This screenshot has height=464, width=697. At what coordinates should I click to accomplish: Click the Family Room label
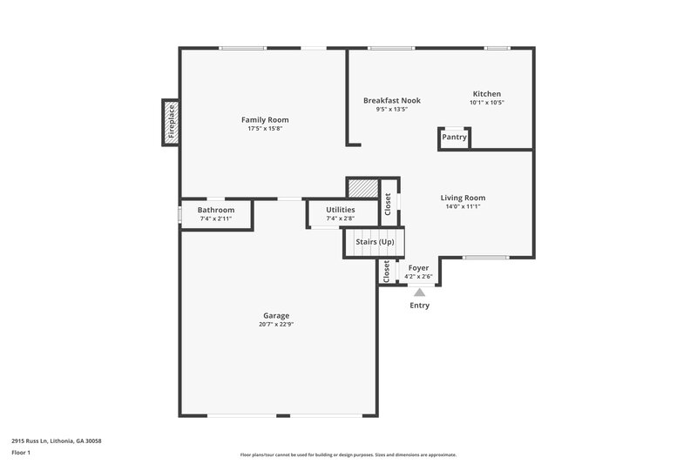tap(265, 119)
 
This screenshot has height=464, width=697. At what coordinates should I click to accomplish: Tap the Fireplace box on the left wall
tap(171, 122)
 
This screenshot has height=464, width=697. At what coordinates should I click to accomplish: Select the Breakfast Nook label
tap(391, 100)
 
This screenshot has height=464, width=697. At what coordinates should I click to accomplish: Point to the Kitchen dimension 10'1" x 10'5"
tap(487, 103)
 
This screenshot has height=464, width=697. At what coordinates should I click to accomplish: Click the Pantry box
tap(454, 138)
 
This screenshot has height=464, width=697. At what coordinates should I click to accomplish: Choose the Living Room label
tap(463, 198)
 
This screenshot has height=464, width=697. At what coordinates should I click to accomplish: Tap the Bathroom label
tap(215, 210)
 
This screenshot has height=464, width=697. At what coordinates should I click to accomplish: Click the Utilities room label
tap(340, 210)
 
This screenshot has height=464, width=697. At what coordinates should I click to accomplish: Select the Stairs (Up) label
tap(375, 241)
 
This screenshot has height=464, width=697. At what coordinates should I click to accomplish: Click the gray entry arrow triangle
tap(419, 293)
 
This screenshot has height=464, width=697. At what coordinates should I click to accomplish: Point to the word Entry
tap(419, 306)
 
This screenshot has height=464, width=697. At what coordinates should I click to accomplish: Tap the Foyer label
tap(418, 268)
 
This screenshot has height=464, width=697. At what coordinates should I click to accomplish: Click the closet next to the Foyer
tap(386, 272)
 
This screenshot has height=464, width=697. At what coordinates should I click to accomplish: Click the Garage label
tap(276, 315)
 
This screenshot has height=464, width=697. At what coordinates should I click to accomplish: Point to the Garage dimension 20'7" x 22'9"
tap(276, 325)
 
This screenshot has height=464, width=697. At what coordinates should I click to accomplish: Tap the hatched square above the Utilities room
tap(362, 187)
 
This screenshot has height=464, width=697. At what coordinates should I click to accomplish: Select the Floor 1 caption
tap(22, 454)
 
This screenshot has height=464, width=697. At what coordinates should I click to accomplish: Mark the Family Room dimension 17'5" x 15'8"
tap(265, 129)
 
